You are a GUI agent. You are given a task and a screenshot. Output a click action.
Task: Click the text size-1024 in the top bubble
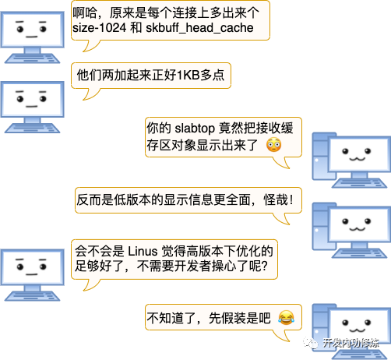tap(100, 28)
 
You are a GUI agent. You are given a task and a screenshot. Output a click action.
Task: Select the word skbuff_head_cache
tap(199, 28)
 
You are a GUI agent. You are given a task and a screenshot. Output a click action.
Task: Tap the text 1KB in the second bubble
tap(188, 76)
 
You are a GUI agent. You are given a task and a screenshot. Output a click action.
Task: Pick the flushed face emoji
tap(273, 145)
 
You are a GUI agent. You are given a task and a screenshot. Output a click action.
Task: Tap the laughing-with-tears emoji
tap(286, 318)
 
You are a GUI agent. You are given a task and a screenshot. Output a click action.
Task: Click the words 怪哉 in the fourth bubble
tap(276, 200)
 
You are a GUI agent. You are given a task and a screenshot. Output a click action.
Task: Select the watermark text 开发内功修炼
tap(351, 343)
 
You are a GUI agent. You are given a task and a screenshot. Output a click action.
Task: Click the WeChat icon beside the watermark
tap(311, 343)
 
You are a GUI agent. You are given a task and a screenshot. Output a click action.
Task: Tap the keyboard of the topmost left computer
tap(32, 58)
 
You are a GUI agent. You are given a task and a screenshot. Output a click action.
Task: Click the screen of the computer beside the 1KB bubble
tap(33, 99)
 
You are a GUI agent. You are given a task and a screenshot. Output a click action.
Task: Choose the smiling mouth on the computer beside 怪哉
tap(358, 229)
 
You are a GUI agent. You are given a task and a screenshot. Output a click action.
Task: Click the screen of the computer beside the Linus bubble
tap(33, 267)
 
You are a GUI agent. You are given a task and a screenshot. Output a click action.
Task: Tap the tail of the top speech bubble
tap(90, 46)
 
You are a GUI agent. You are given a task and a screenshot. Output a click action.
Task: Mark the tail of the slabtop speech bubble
tap(283, 163)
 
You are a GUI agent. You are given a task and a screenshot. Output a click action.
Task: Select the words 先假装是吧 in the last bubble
tap(239, 318)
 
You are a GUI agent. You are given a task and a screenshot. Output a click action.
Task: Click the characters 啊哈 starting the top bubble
tap(85, 13)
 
